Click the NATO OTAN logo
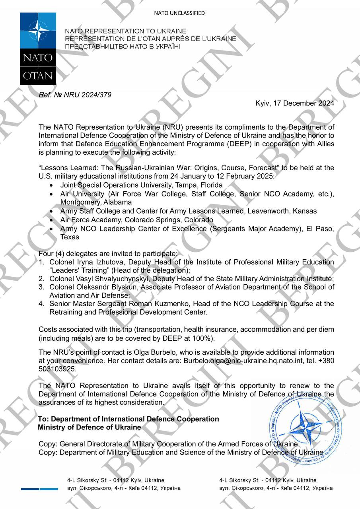pyautogui.click(x=35, y=49)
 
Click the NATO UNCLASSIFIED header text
pyautogui.click(x=179, y=13)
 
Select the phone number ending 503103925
pyautogui.click(x=57, y=369)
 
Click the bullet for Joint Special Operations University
pyautogui.click(x=51, y=186)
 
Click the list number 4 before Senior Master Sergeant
pyautogui.click(x=41, y=304)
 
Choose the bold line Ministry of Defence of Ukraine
pyautogui.click(x=90, y=427)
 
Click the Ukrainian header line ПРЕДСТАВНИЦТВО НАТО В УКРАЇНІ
pyautogui.click(x=123, y=47)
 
